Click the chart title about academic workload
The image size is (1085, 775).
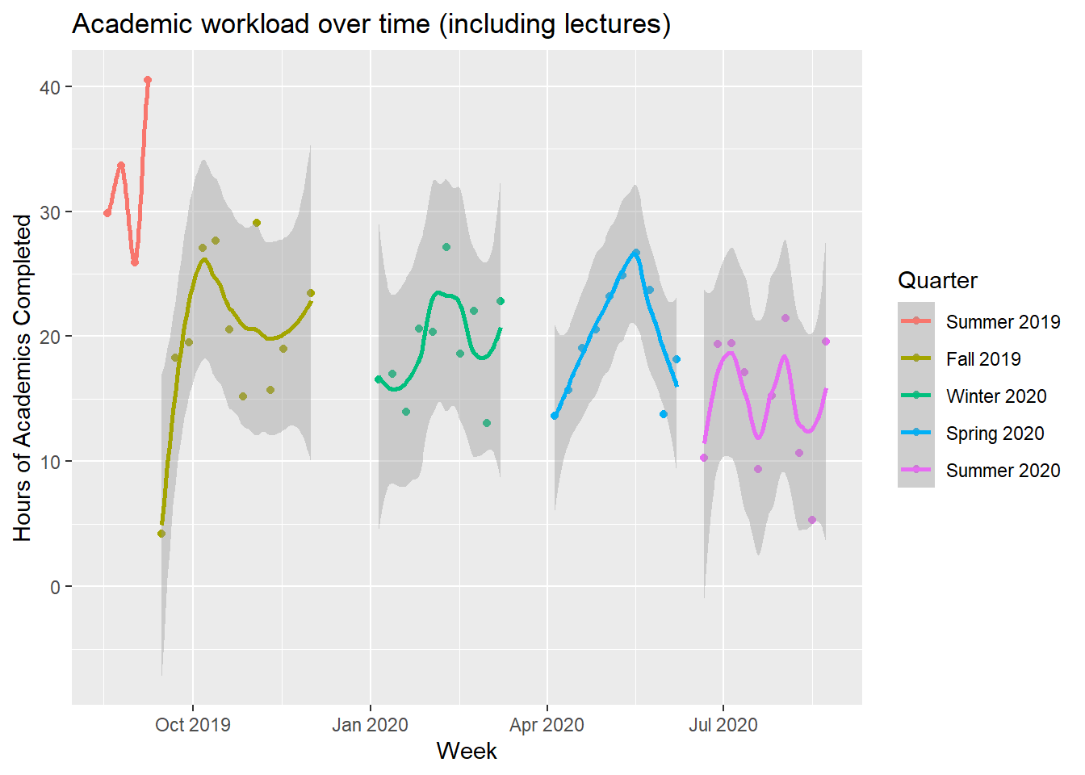pyautogui.click(x=371, y=24)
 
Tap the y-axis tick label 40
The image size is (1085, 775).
pyautogui.click(x=50, y=88)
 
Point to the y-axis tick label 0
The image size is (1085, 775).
pyautogui.click(x=55, y=588)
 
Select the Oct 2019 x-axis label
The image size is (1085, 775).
pyautogui.click(x=193, y=725)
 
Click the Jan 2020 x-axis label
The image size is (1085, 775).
pyautogui.click(x=370, y=725)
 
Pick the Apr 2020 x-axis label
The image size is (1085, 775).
pyautogui.click(x=547, y=725)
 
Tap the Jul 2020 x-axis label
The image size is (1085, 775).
pyautogui.click(x=723, y=725)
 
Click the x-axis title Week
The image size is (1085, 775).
pyautogui.click(x=467, y=752)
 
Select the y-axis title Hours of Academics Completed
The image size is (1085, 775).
pyautogui.click(x=23, y=378)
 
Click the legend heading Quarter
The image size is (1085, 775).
pyautogui.click(x=937, y=280)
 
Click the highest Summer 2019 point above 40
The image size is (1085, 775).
pyautogui.click(x=148, y=80)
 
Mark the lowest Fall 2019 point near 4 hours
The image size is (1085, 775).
pyautogui.click(x=161, y=534)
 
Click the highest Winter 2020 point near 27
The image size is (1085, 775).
pyautogui.click(x=446, y=247)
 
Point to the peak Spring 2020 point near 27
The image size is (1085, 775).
pyautogui.click(x=636, y=253)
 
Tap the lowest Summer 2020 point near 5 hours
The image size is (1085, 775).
pyautogui.click(x=812, y=520)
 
